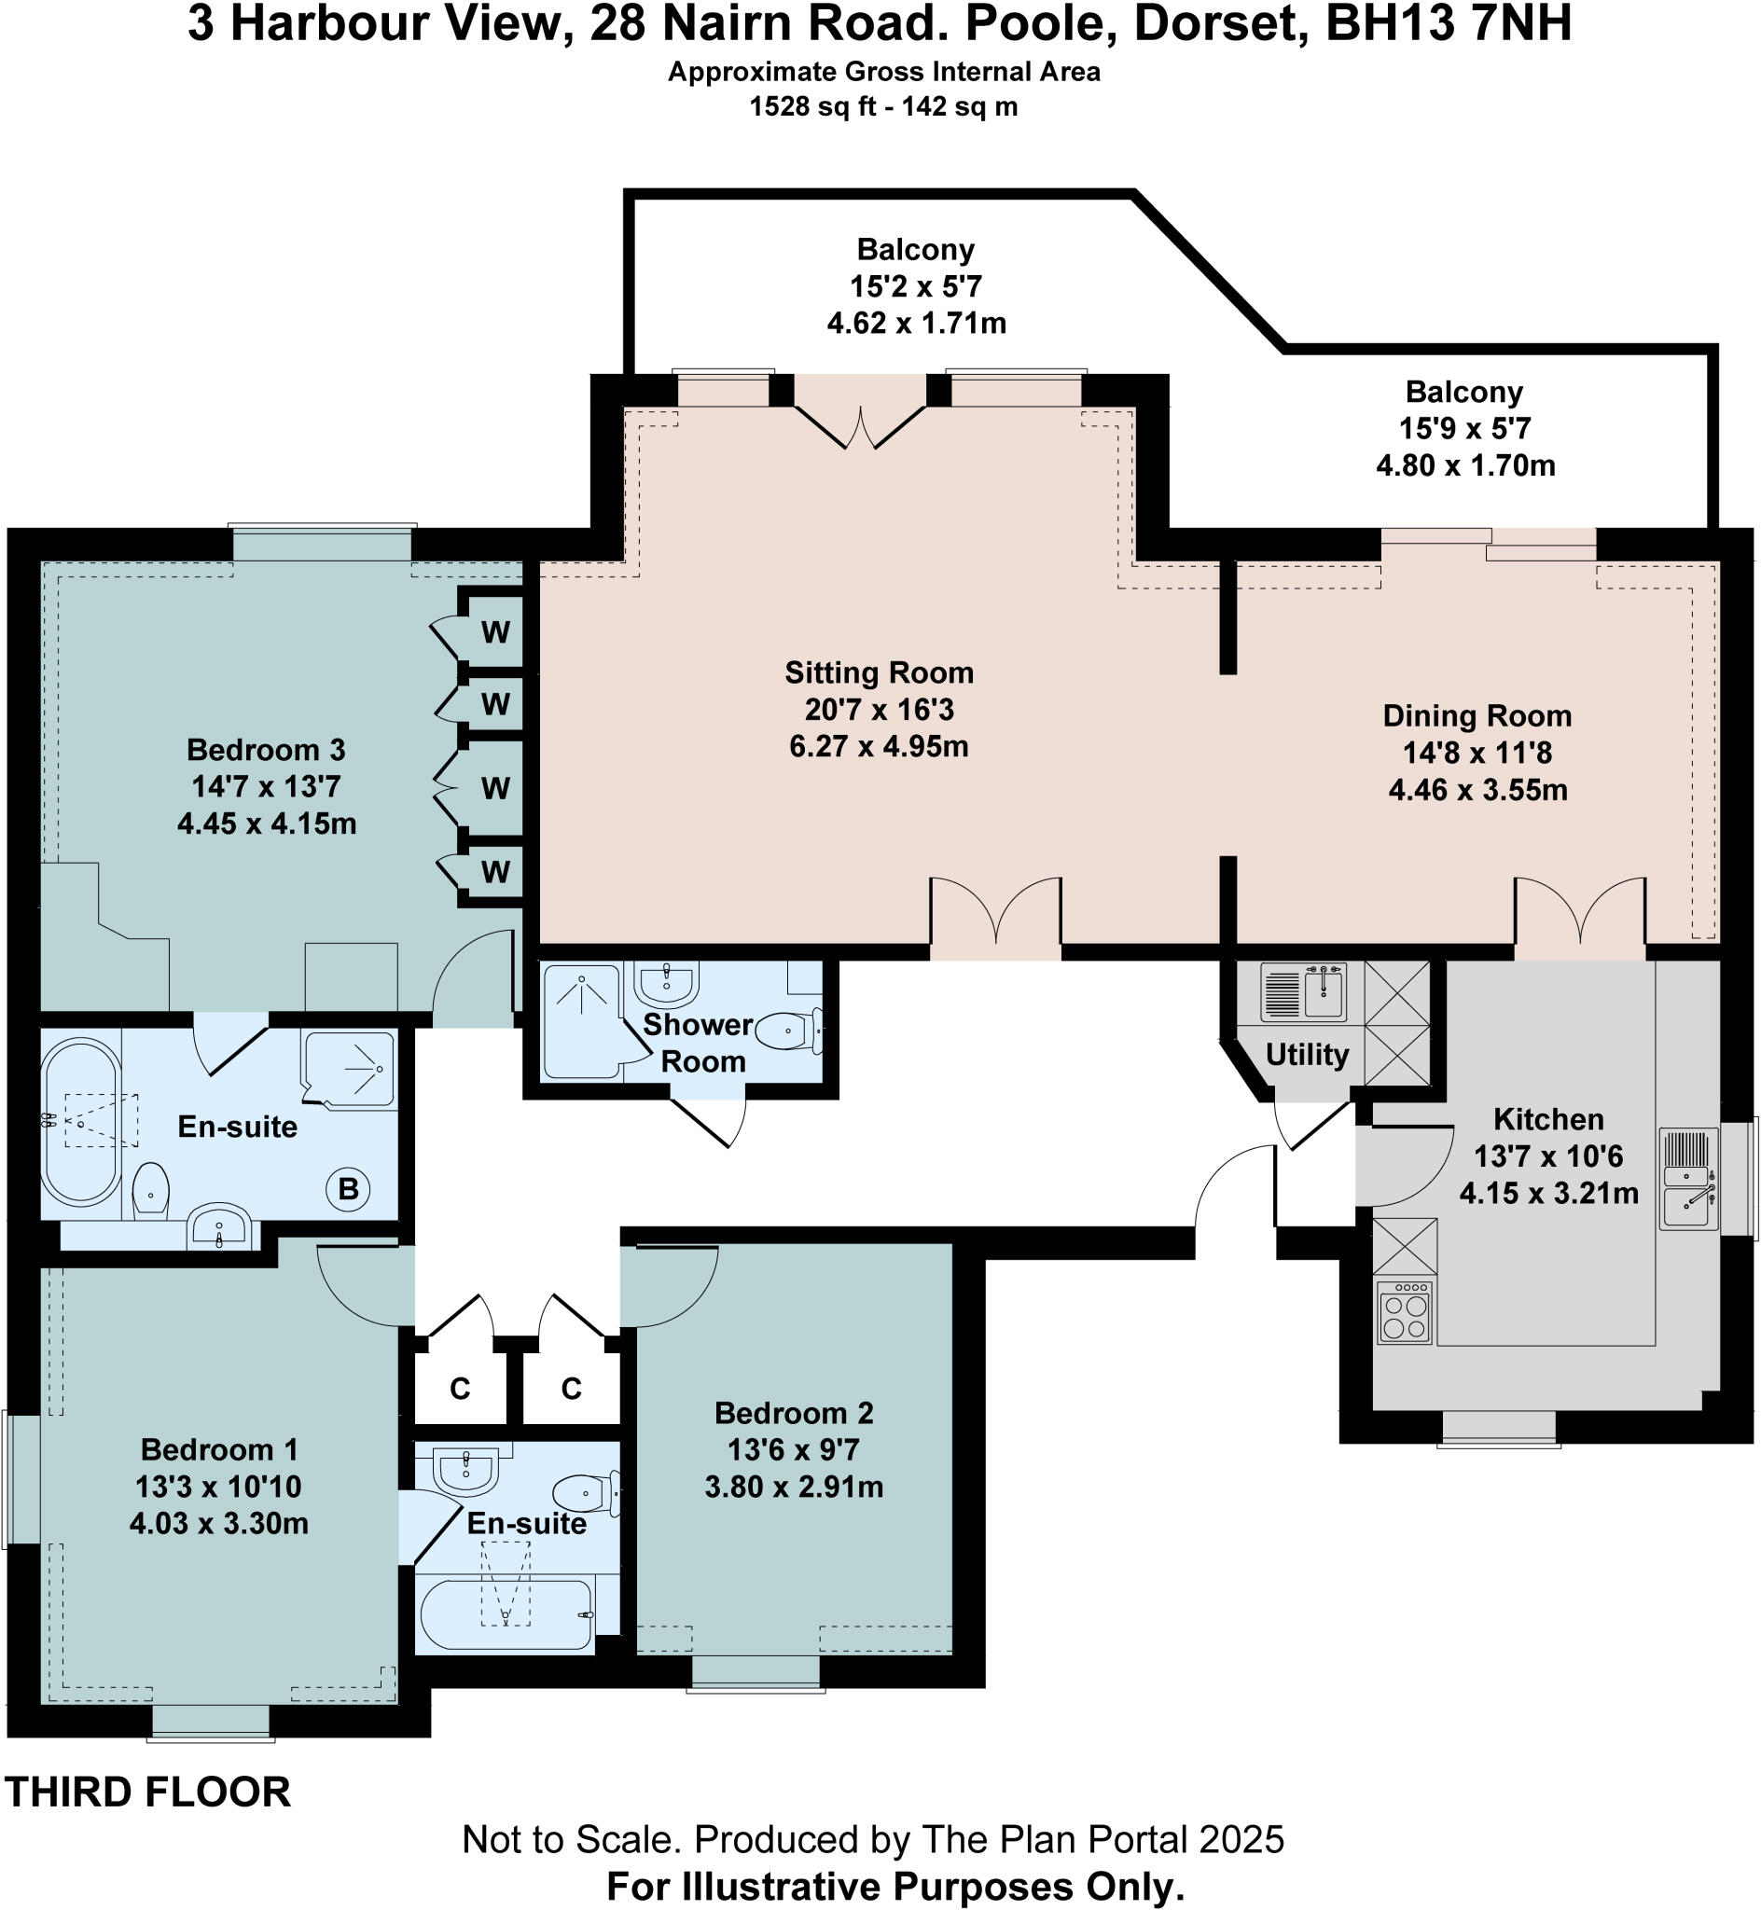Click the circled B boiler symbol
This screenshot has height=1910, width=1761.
(348, 1189)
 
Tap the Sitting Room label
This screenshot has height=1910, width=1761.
(879, 672)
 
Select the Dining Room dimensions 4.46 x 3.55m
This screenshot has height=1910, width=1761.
(1477, 790)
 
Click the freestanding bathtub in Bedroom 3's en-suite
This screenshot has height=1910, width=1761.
(81, 1123)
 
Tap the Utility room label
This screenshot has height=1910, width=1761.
(1307, 1055)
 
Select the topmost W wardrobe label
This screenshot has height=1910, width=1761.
(494, 631)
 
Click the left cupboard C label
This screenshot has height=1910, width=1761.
(459, 1389)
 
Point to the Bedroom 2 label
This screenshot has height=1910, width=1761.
(793, 1413)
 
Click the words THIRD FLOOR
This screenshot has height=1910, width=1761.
(147, 1792)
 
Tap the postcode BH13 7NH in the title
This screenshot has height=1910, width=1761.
(1449, 25)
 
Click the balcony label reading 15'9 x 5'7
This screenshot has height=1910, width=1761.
(1464, 429)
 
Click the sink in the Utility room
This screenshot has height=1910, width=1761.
(1324, 990)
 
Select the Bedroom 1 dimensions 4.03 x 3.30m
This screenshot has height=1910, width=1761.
(218, 1523)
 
